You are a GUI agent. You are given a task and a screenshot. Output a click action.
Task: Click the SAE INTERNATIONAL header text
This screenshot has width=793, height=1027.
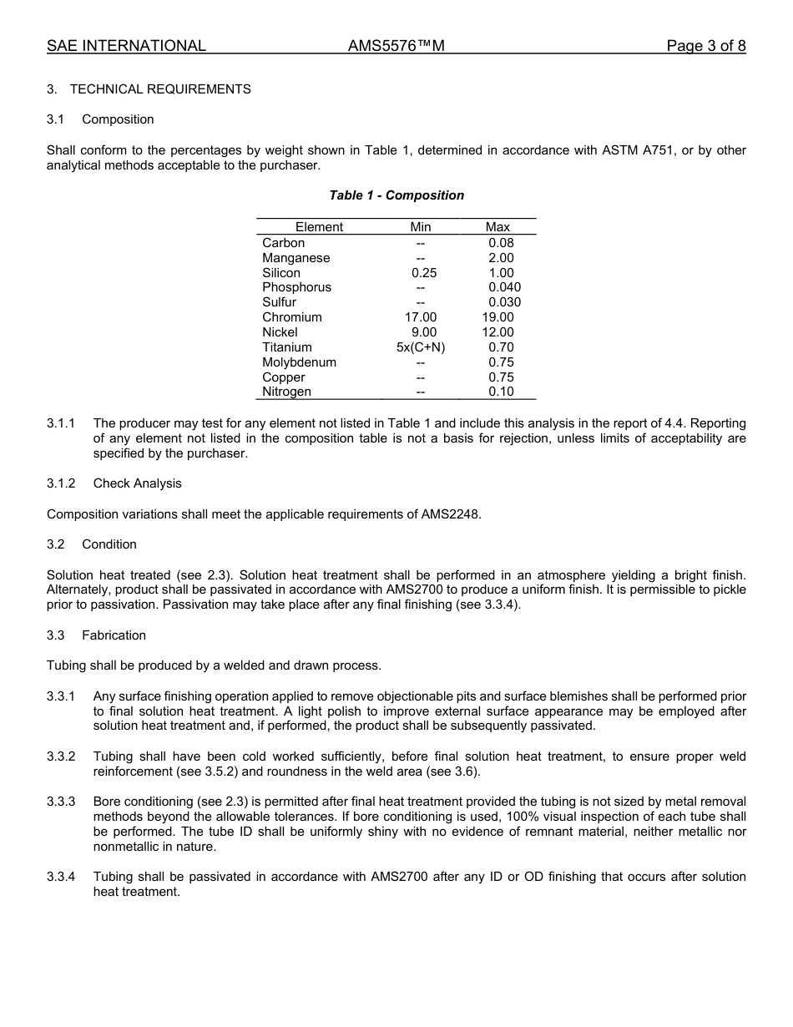[126, 47]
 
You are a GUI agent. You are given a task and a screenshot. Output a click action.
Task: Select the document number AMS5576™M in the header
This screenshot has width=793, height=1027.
[396, 47]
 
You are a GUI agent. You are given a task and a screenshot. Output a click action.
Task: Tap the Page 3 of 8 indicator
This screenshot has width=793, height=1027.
[705, 47]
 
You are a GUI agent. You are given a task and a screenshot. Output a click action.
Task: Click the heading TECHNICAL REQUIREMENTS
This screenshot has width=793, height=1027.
[159, 89]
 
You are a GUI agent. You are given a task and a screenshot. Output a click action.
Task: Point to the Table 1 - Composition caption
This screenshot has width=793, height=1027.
[396, 195]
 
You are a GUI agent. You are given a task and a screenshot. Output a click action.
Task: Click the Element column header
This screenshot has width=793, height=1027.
[319, 227]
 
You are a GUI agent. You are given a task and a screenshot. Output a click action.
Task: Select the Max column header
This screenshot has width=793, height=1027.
[498, 227]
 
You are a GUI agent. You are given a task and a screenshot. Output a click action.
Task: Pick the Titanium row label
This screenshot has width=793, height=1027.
[286, 347]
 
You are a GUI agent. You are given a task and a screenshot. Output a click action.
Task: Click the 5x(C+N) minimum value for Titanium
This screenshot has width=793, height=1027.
[421, 347]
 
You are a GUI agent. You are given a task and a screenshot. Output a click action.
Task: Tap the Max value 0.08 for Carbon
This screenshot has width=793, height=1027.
[501, 243]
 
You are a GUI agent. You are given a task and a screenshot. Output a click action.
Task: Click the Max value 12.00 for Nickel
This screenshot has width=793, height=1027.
[498, 332]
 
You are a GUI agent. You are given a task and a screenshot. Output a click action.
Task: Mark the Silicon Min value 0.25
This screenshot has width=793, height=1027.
[423, 273]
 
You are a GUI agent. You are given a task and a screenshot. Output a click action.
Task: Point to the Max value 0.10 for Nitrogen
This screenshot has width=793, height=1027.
[501, 392]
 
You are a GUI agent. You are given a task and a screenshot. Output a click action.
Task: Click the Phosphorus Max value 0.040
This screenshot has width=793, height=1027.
[504, 287]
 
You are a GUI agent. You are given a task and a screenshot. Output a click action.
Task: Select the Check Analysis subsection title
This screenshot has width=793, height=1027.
[137, 483]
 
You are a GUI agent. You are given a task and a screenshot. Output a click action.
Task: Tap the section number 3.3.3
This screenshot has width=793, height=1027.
[61, 802]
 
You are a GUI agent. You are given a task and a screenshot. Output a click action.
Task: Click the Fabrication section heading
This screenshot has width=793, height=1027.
[114, 635]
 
